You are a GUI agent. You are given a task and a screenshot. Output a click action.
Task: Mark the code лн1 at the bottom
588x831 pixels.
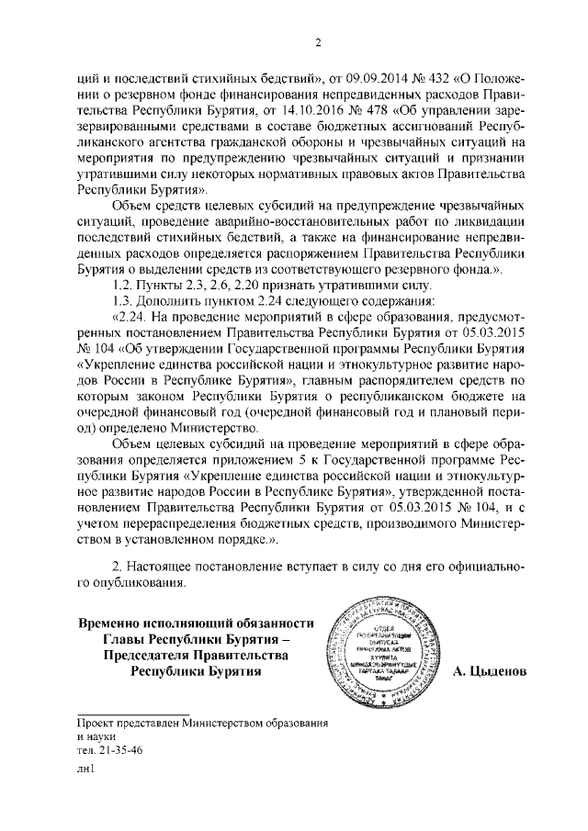pos(85,770)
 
